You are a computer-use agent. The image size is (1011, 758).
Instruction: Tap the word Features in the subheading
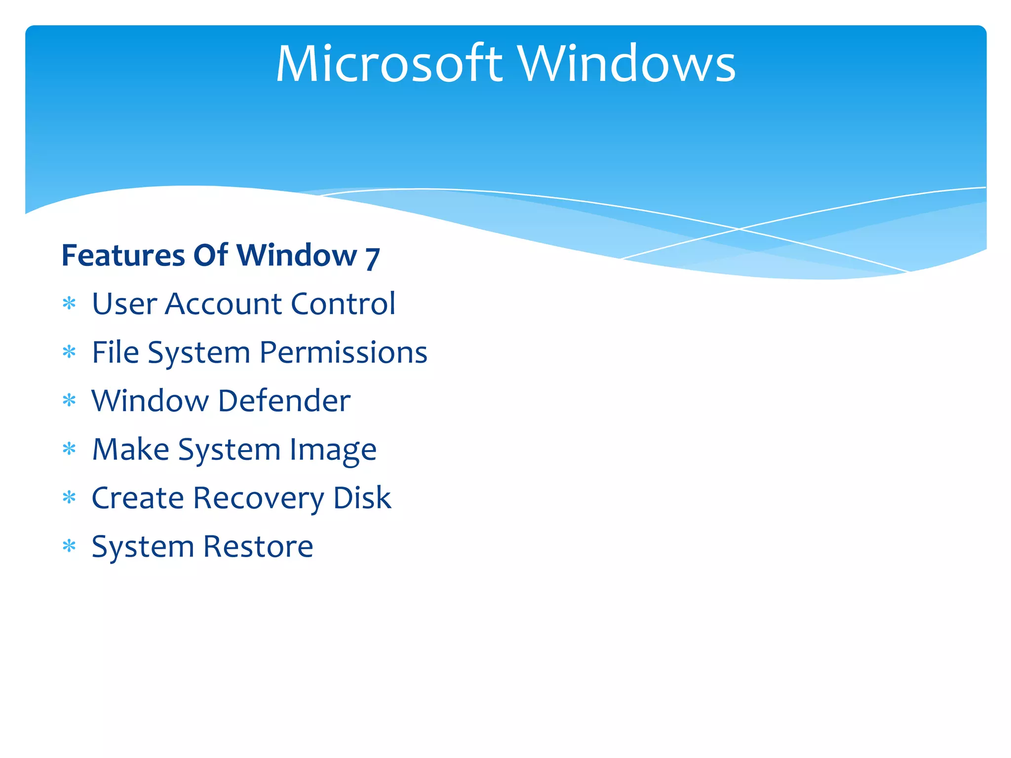123,255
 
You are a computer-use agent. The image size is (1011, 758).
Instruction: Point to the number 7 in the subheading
372,258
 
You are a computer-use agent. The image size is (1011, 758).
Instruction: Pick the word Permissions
343,352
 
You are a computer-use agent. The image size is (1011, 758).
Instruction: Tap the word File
116,352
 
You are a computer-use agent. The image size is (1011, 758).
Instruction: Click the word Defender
284,400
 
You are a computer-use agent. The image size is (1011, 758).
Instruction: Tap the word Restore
258,546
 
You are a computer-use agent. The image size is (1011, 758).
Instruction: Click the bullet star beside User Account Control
70,303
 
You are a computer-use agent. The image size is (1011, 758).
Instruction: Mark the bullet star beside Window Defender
70,400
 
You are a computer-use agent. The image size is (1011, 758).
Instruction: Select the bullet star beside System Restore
70,546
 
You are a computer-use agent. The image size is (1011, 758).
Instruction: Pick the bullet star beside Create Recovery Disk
70,497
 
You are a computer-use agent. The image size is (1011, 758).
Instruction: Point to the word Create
138,497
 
